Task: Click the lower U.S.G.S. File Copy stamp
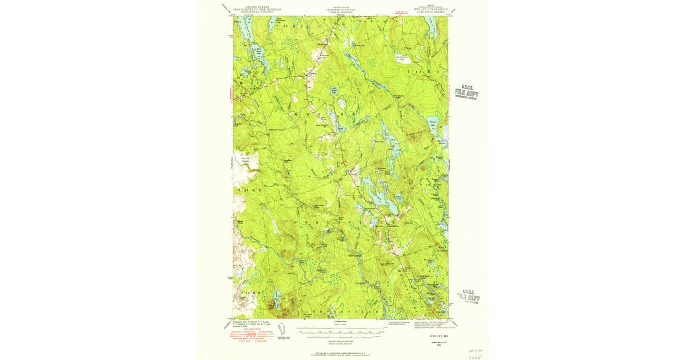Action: tap(469, 296)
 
